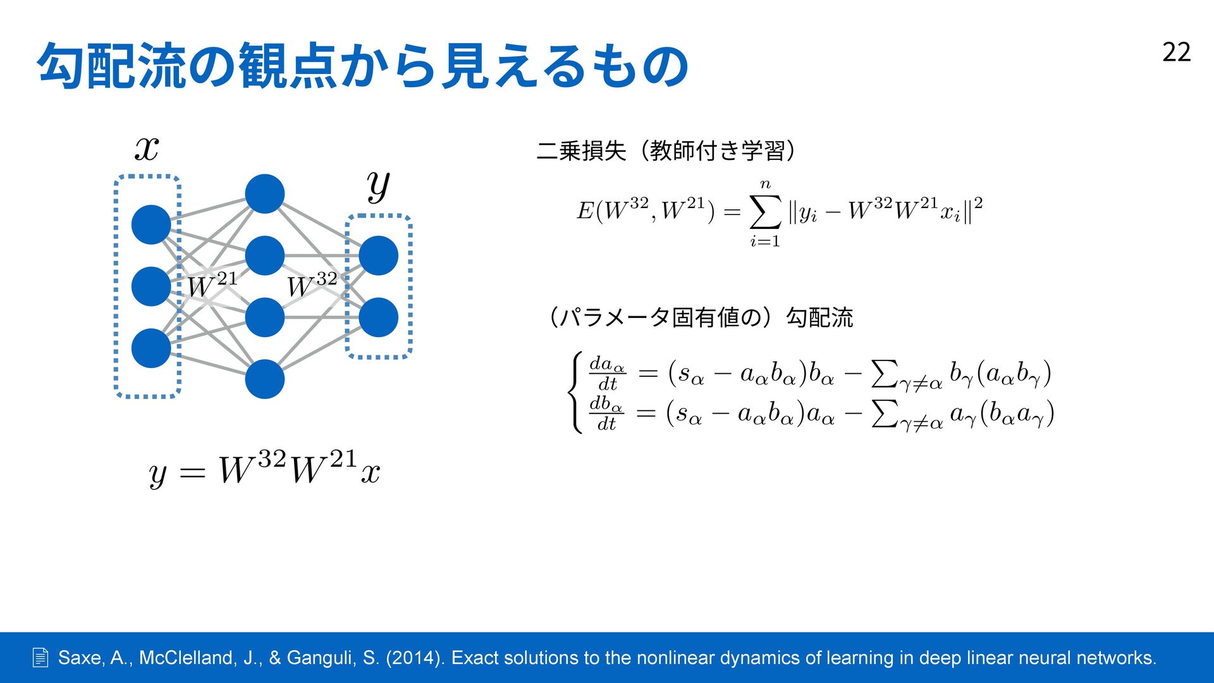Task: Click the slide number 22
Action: coord(1176,52)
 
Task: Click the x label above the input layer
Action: coord(147,149)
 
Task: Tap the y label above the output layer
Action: coord(378,185)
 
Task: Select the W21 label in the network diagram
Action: coord(212,285)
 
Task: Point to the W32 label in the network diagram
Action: coord(312,285)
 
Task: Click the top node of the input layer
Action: coord(151,225)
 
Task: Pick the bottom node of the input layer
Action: coord(151,348)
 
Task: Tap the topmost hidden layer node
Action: coord(264,194)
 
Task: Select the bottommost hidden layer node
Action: coord(264,379)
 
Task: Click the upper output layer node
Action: coord(378,255)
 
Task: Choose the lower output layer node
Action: coord(378,317)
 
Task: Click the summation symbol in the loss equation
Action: coord(764,212)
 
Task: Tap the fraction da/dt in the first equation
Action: coord(607,373)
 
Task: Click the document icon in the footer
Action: coord(40,658)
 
